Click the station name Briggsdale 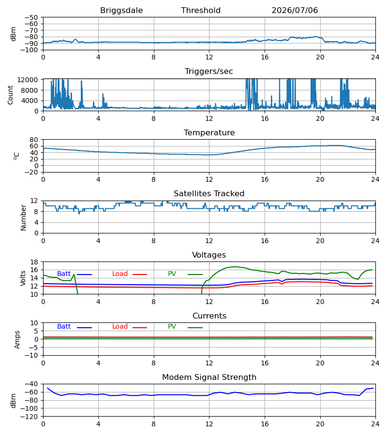click(121, 11)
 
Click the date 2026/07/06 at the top click(295, 11)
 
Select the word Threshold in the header click(201, 10)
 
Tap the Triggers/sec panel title click(209, 72)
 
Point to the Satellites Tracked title click(209, 194)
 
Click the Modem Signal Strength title click(209, 377)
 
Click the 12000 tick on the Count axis click(28, 80)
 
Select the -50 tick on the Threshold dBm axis click(31, 17)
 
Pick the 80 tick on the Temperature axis click(34, 140)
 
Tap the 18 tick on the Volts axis click(34, 262)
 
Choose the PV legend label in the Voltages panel click(172, 274)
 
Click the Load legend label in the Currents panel click(120, 327)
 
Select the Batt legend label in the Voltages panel click(64, 274)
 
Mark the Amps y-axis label click(17, 340)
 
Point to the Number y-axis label click(23, 217)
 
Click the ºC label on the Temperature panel click(16, 156)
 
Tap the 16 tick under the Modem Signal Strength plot click(265, 424)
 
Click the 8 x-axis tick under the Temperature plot click(153, 179)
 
